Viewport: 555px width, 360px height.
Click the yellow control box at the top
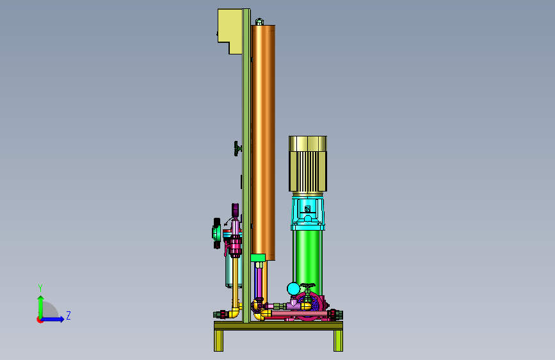pyautogui.click(x=229, y=26)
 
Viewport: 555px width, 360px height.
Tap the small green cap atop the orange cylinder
pyautogui.click(x=259, y=22)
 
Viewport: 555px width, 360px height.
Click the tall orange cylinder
pyautogui.click(x=263, y=142)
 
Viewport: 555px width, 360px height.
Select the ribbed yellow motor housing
pyautogui.click(x=307, y=165)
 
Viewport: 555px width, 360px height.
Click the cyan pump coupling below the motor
pyautogui.click(x=307, y=213)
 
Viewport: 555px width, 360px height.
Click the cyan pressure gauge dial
pyautogui.click(x=293, y=289)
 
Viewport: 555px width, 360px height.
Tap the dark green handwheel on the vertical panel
pyautogui.click(x=237, y=149)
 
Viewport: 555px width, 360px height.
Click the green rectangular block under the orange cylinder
pyautogui.click(x=258, y=258)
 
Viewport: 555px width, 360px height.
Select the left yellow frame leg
pyautogui.click(x=218, y=341)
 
